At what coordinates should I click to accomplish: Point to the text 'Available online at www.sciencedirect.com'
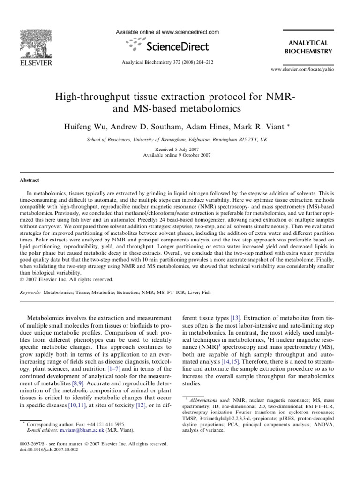pos(167,32)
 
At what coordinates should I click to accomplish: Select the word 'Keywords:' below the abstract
pos(30,292)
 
